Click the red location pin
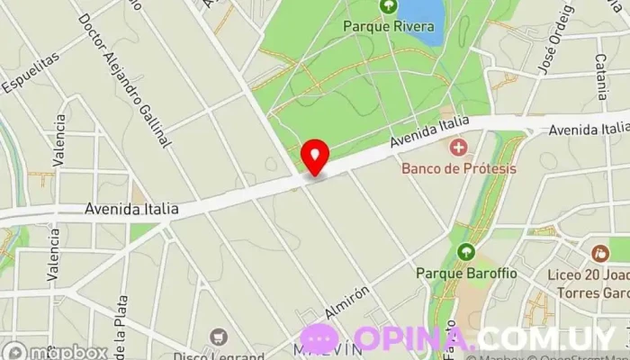[x=314, y=157]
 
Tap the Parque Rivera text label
[x=388, y=26]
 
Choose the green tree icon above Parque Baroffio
[x=465, y=252]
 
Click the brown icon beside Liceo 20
[x=598, y=254]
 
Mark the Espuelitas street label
[x=30, y=71]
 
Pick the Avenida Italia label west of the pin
[x=131, y=209]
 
